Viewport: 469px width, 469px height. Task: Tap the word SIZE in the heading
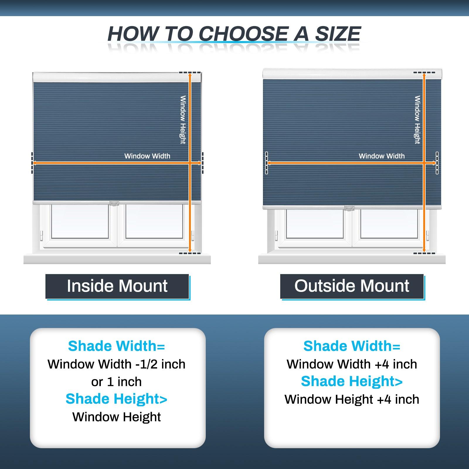[x=338, y=34]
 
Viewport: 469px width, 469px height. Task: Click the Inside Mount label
[x=117, y=286]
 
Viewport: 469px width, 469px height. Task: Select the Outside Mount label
[x=352, y=286]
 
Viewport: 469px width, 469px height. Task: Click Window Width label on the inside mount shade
[x=147, y=156]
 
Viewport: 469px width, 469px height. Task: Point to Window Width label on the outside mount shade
[x=382, y=156]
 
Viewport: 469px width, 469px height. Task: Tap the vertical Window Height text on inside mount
[x=183, y=120]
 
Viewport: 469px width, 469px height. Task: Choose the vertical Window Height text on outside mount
[x=417, y=120]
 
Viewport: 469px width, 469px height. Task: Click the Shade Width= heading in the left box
[x=116, y=346]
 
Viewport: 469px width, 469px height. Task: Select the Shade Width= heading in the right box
[x=352, y=346]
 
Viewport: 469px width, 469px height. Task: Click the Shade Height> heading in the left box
[x=116, y=399]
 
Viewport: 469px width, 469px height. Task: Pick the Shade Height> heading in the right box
[x=352, y=381]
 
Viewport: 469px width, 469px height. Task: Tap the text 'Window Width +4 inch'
[x=352, y=364]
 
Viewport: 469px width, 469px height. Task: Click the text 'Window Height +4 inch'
[x=352, y=400]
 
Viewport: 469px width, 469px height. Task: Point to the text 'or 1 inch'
[x=116, y=382]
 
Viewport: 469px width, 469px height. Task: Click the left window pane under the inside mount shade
[x=80, y=221]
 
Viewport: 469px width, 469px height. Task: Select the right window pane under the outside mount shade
[x=389, y=224]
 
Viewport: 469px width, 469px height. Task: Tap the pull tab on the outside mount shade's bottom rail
[x=349, y=208]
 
